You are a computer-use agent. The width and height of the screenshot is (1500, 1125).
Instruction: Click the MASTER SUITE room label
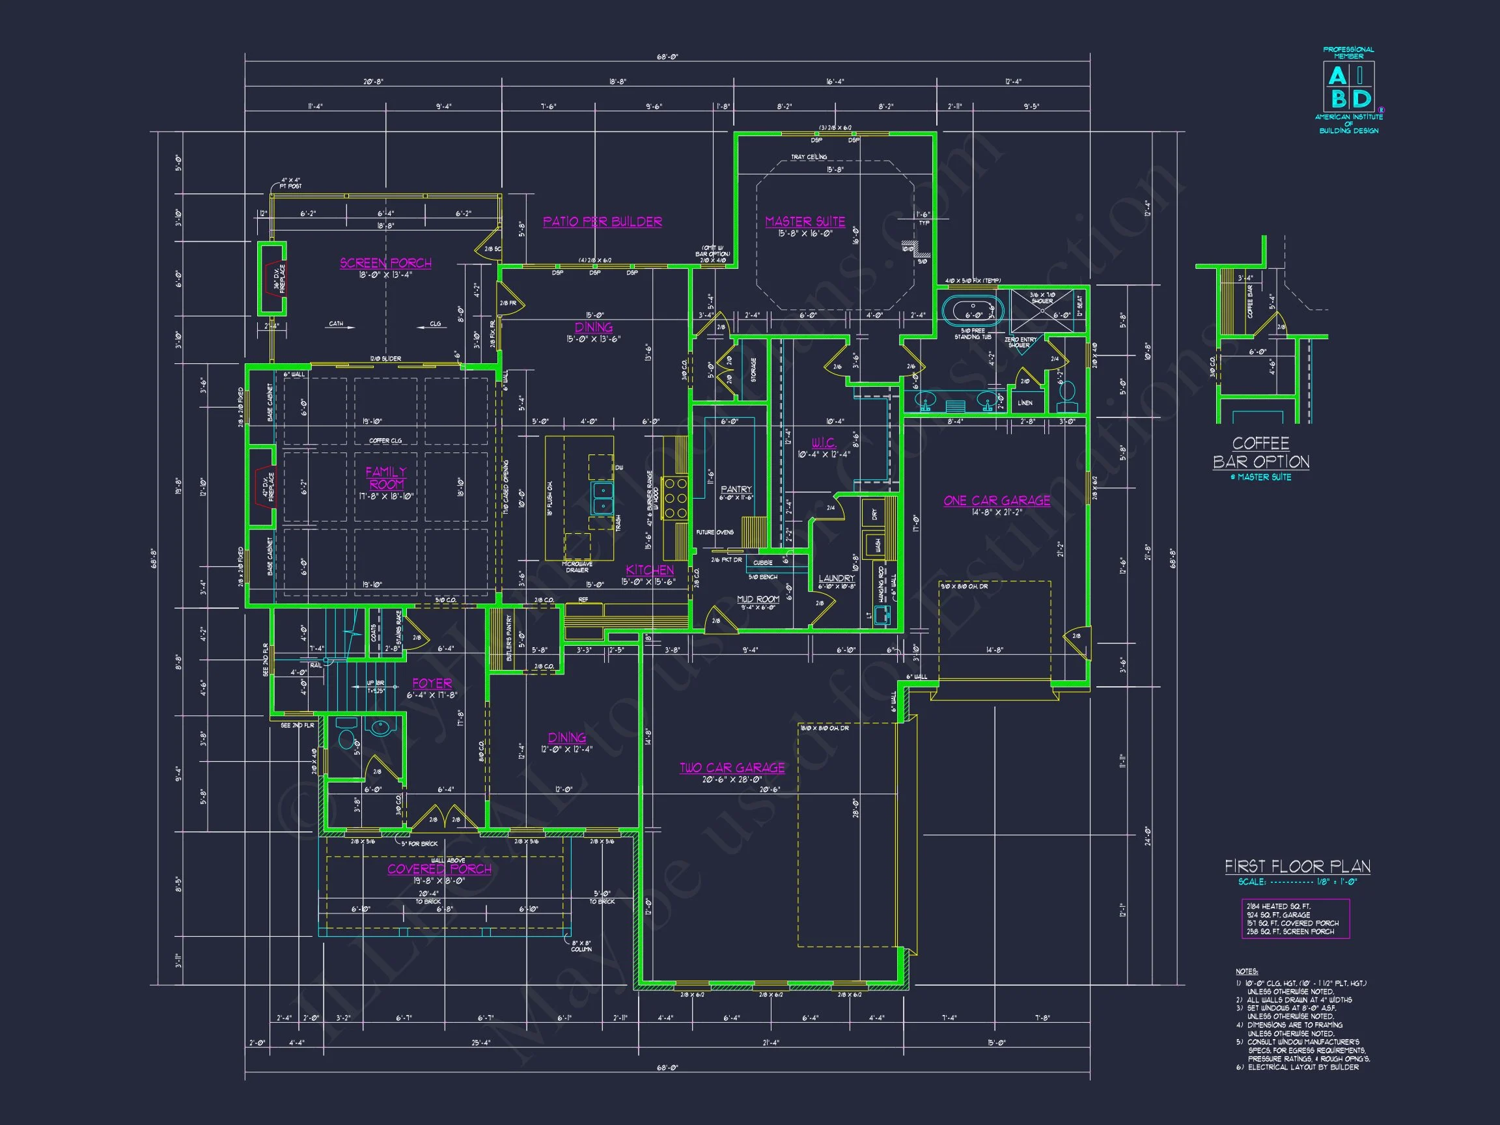(x=805, y=222)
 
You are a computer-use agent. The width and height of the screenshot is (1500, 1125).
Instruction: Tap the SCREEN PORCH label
(x=385, y=263)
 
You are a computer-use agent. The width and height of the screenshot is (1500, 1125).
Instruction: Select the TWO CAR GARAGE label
(x=732, y=768)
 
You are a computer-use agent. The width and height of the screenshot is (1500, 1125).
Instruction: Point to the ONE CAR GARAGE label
(x=996, y=501)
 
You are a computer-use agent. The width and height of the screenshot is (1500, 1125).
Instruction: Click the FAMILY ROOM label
(x=386, y=478)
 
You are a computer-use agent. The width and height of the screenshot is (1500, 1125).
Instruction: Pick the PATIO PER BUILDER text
(x=602, y=222)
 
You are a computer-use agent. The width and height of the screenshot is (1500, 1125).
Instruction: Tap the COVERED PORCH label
(x=439, y=868)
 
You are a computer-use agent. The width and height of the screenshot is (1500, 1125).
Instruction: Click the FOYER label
(x=432, y=684)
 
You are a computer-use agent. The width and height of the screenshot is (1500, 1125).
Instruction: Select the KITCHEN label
(x=650, y=570)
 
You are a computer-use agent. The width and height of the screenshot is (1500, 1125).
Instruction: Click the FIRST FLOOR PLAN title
(x=1297, y=866)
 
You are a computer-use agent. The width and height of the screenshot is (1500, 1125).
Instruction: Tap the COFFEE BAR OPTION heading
(x=1260, y=452)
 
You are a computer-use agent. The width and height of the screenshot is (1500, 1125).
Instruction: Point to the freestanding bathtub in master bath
(x=973, y=312)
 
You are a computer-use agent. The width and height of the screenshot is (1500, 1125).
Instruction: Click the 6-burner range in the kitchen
(x=675, y=499)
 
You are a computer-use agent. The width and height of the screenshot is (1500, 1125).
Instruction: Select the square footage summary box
(x=1295, y=919)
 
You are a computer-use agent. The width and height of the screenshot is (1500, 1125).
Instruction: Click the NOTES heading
(x=1246, y=972)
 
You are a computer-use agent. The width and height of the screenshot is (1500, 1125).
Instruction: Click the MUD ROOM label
(x=757, y=599)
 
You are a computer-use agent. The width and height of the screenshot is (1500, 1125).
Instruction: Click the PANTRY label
(x=736, y=489)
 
